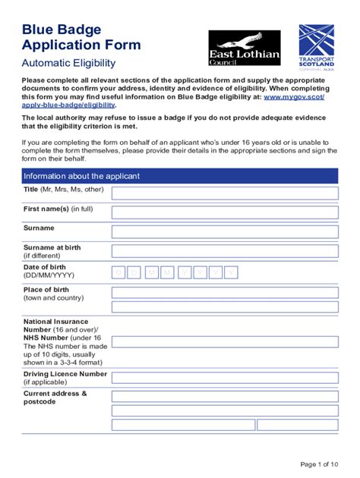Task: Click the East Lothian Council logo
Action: point(245,48)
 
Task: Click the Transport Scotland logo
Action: point(316,47)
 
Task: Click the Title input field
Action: point(225,193)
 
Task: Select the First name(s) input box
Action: point(225,212)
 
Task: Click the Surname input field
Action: point(225,232)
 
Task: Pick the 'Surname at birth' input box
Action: point(225,252)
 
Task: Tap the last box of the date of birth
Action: point(231,272)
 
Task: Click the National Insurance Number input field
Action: point(225,341)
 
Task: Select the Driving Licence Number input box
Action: point(225,377)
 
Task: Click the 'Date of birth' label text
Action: point(45,268)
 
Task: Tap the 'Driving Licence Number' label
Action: point(65,374)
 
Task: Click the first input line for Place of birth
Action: point(225,293)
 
